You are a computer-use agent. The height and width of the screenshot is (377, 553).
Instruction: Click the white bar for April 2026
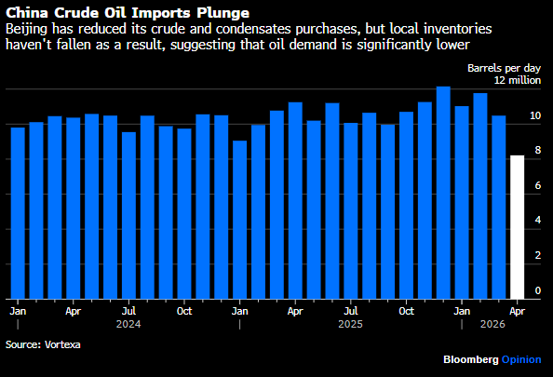(517, 227)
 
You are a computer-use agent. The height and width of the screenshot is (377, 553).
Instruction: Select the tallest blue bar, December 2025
(443, 193)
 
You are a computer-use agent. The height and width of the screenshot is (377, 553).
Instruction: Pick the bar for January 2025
(240, 220)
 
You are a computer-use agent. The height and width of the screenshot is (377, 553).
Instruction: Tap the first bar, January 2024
(18, 213)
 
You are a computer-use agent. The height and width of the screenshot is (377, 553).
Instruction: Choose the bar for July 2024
(128, 215)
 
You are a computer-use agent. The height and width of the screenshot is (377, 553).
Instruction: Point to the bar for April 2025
(295, 201)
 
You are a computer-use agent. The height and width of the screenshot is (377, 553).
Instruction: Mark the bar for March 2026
(499, 208)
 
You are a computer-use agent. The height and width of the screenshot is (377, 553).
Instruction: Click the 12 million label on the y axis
(518, 80)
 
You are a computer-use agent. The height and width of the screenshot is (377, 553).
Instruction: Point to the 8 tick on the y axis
(537, 150)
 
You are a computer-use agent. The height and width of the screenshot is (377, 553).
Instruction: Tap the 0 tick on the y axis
(537, 290)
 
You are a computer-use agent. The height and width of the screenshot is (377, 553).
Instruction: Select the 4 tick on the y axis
(537, 220)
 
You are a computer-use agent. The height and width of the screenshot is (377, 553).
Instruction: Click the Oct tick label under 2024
(184, 311)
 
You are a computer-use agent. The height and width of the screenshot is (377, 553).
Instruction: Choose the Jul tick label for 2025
(351, 311)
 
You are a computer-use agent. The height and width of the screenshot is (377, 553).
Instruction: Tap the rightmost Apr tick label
(517, 312)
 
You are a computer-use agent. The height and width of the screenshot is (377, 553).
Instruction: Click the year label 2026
(492, 324)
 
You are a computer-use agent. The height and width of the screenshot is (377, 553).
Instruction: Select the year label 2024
(128, 324)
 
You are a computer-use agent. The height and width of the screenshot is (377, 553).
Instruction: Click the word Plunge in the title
(223, 13)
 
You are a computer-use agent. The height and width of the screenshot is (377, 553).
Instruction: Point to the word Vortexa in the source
(62, 344)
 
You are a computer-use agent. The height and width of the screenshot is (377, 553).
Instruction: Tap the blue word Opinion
(521, 359)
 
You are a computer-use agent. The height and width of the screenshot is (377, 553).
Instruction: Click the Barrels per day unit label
(504, 68)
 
